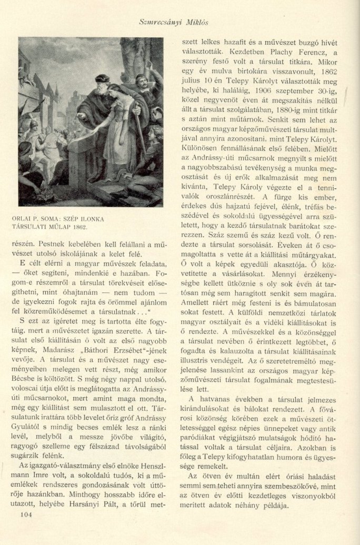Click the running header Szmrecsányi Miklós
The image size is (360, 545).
(x=180, y=23)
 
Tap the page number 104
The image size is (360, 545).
(x=24, y=515)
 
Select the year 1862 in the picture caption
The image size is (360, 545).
(x=76, y=227)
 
